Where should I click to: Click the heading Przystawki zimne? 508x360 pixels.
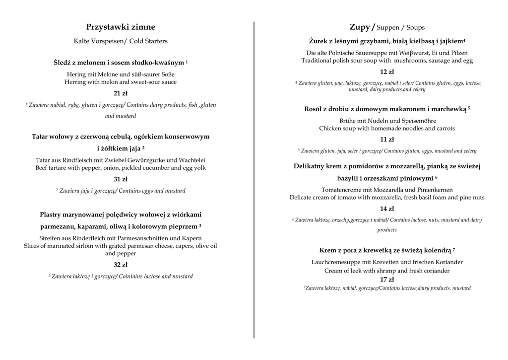pyautogui.click(x=121, y=27)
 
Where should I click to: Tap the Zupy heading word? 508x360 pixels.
pyautogui.click(x=359, y=27)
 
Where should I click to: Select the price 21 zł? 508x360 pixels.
pyautogui.click(x=121, y=93)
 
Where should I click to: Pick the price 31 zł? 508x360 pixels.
pyautogui.click(x=121, y=179)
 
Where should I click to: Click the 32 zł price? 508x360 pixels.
pyautogui.click(x=121, y=265)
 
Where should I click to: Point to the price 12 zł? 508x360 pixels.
pyautogui.click(x=387, y=72)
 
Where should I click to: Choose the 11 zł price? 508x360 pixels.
pyautogui.click(x=387, y=140)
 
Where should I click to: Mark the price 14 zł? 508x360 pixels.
pyautogui.click(x=387, y=209)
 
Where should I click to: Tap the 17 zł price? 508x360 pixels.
pyautogui.click(x=387, y=280)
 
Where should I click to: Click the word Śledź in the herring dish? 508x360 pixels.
pyautogui.click(x=63, y=63)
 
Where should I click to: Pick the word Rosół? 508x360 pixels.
pyautogui.click(x=315, y=109)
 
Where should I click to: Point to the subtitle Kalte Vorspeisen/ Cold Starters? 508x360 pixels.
pyautogui.click(x=121, y=41)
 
